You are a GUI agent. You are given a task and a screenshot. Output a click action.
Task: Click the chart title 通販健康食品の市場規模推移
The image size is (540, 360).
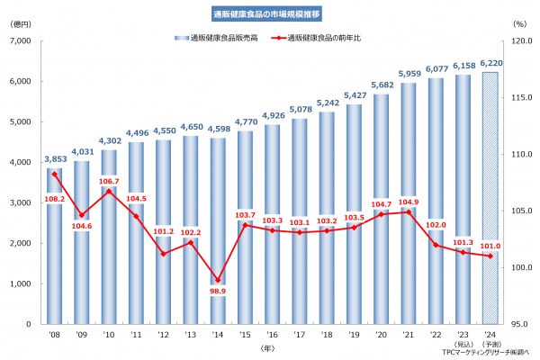[x=270, y=14]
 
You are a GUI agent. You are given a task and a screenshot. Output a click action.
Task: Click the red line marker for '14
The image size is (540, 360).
[x=218, y=281]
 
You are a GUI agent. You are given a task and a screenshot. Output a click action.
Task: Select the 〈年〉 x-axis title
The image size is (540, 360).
[x=269, y=346]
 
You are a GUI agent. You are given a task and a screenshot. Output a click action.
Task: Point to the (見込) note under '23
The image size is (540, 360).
[x=463, y=343]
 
